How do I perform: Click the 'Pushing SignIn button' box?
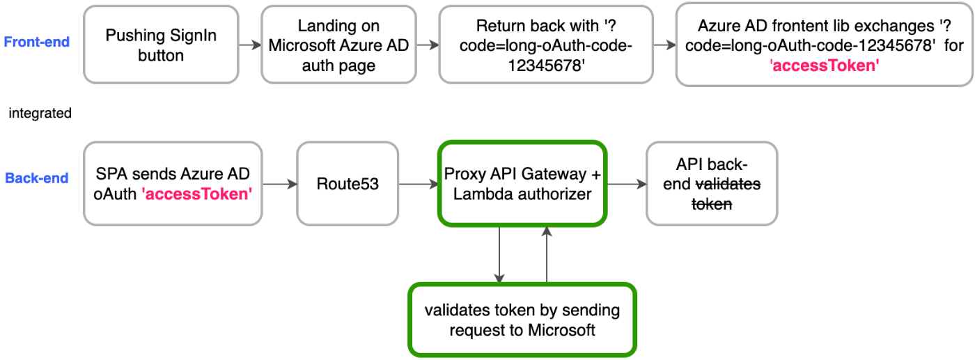(151, 45)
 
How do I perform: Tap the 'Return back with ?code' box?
(546, 45)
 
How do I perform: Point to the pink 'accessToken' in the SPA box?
(197, 194)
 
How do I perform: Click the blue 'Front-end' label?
(37, 42)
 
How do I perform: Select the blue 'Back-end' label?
(37, 178)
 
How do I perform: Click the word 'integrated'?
(40, 113)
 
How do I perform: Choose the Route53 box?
(348, 185)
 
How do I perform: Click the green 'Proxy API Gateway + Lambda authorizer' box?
(522, 184)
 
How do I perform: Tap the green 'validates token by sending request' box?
(522, 320)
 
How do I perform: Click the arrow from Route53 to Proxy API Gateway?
(418, 185)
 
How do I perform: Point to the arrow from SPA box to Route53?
(279, 185)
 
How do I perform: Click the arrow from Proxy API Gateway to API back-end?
(626, 185)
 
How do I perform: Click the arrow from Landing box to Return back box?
(424, 45)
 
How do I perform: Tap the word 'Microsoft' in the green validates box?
(561, 329)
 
